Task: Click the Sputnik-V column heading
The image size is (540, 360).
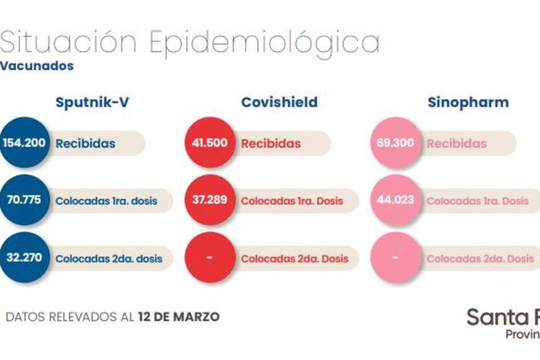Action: click(92, 102)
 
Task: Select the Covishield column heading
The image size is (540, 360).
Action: click(279, 102)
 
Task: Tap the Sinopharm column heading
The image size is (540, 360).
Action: click(468, 102)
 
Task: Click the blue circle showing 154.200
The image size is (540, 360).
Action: click(24, 143)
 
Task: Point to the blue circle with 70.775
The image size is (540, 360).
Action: click(24, 200)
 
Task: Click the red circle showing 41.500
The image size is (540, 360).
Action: click(210, 143)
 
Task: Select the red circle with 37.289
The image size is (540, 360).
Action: click(210, 200)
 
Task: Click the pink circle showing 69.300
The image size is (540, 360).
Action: click(395, 143)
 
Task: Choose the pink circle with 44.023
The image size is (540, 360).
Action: click(395, 200)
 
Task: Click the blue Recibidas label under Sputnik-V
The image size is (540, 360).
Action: click(86, 143)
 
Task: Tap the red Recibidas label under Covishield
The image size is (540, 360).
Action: click(271, 144)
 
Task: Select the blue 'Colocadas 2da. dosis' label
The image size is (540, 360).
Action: click(109, 258)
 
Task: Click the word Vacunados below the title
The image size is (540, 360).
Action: click(37, 66)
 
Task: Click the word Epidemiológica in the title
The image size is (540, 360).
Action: click(264, 42)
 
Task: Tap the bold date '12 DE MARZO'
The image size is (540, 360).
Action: click(179, 317)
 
